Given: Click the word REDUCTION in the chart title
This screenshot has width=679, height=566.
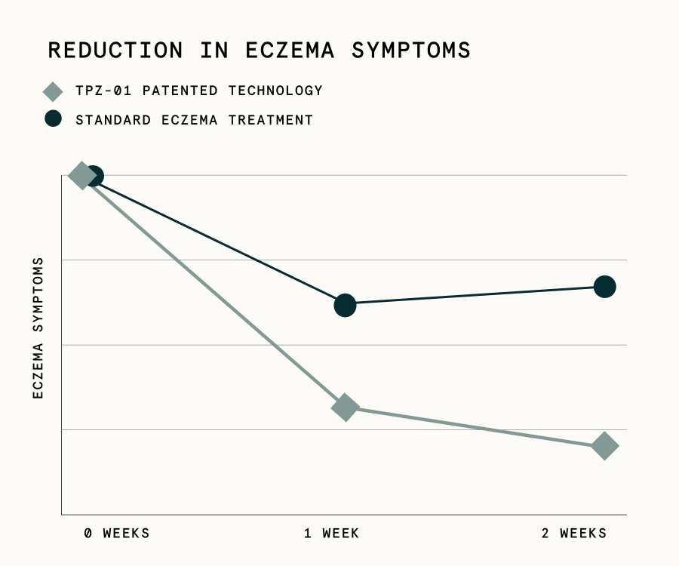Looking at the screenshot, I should pos(115,51).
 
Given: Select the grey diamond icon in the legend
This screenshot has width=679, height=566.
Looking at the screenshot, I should pos(52,91).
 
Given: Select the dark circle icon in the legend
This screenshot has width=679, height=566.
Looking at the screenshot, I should pos(52,119).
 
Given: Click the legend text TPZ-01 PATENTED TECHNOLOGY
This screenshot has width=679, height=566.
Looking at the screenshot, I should pos(199,91).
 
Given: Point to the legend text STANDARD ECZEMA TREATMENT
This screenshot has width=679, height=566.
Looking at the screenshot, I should pos(194,119).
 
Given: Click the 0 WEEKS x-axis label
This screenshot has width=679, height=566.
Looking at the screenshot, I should pos(117,534).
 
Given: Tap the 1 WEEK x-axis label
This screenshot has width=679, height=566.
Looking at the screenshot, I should pos(332,534).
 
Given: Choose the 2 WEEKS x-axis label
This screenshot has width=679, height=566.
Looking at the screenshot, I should pos(574,534).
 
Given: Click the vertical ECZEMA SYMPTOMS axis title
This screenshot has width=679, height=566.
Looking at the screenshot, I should pos(38,328).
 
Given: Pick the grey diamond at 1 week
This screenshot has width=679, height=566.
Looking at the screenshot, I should pos(344,408).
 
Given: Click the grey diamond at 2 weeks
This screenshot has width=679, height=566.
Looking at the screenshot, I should pos(604,446).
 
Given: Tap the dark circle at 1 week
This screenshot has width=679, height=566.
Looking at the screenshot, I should pos(345,305).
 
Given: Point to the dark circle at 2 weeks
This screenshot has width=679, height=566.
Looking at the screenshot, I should pos(604,287).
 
